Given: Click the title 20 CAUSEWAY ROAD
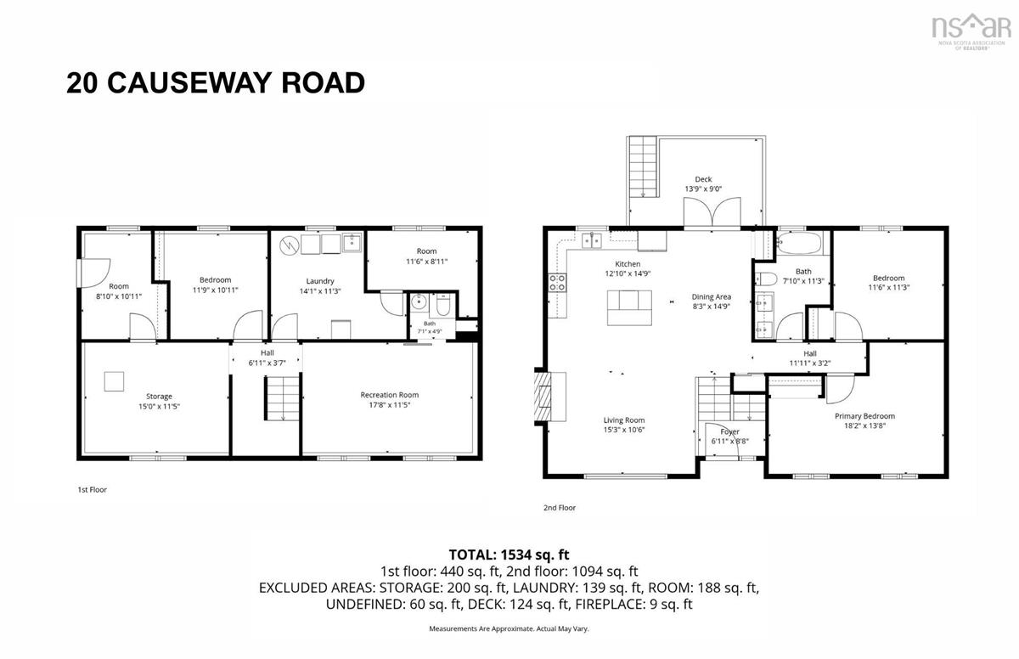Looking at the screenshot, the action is tap(216, 82).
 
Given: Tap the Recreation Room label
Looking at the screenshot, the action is tap(390, 395).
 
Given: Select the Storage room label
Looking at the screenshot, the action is tap(160, 397).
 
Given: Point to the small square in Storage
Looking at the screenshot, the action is tap(114, 381).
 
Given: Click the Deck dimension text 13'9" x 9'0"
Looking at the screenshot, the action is tap(703, 189).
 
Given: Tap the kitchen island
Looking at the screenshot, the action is tap(629, 308).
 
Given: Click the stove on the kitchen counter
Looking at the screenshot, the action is tap(557, 283).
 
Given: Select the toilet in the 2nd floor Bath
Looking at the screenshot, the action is tap(766, 279).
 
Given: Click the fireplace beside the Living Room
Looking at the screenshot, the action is tap(550, 397).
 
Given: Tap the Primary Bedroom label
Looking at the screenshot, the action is tap(864, 416).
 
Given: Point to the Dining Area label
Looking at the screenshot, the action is tap(712, 297).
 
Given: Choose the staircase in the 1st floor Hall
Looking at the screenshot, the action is tap(282, 398).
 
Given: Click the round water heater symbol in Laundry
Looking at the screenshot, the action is tap(289, 245).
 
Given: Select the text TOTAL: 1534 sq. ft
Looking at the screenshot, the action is tap(509, 555).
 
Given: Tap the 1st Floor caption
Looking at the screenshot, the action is tap(92, 490).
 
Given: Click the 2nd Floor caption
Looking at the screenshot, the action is tap(560, 508).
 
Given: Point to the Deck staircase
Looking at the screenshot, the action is tap(644, 166).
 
